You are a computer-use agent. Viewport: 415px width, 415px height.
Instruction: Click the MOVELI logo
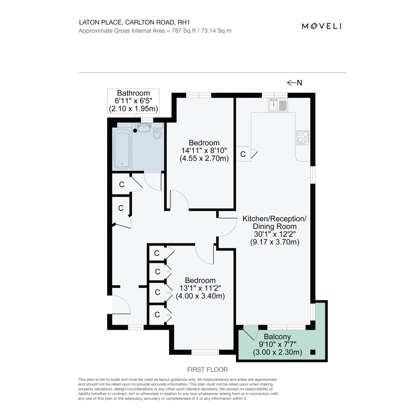(322, 26)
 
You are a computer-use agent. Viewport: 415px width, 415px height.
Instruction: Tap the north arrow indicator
(294, 83)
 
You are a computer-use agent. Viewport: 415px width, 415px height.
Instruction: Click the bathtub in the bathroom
(122, 149)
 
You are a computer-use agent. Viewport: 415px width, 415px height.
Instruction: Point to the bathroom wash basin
(144, 128)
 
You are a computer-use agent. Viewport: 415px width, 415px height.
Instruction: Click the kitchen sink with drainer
(278, 105)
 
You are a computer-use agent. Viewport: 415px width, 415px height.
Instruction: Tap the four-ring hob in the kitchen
(303, 138)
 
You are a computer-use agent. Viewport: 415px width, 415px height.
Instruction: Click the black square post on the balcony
(313, 352)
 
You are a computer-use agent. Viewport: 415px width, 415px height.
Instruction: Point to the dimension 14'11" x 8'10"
(204, 150)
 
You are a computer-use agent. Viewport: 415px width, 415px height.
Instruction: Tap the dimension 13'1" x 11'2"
(200, 288)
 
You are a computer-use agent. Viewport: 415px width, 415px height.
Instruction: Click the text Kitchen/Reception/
(275, 219)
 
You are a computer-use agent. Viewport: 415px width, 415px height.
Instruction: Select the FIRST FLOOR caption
(207, 370)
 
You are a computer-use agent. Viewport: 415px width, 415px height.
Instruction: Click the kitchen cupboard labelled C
(243, 154)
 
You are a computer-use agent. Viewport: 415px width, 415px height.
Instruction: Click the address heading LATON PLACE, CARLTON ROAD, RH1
(135, 22)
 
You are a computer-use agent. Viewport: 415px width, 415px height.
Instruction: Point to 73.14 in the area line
(208, 31)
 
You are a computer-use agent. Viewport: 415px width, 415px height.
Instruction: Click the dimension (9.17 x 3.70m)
(275, 242)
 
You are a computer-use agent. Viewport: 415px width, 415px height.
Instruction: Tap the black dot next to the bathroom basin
(135, 130)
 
